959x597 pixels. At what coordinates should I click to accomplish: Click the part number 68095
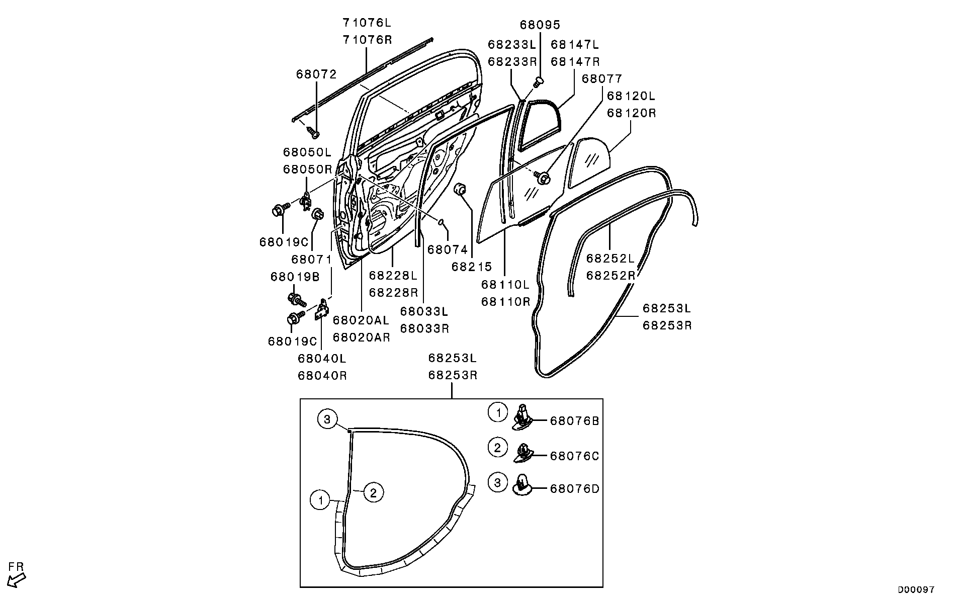click(x=540, y=25)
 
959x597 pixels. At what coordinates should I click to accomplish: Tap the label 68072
click(x=316, y=74)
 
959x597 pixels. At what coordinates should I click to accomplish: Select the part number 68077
click(x=602, y=78)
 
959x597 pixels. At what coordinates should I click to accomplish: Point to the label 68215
click(x=471, y=267)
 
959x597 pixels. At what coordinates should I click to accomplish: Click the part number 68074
click(x=448, y=249)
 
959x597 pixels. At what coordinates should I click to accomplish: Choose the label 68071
click(x=311, y=260)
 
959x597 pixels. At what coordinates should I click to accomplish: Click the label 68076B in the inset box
click(x=574, y=420)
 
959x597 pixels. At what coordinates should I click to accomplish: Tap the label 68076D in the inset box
click(x=574, y=488)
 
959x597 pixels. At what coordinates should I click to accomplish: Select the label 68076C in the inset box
click(x=574, y=456)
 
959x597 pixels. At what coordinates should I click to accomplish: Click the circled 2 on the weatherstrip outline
click(x=373, y=492)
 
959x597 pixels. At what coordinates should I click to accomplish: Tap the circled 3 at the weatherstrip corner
click(x=327, y=419)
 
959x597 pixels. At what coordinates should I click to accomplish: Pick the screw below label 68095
click(x=538, y=81)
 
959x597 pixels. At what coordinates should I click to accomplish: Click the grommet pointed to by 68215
click(x=460, y=190)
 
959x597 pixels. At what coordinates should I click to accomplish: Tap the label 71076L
click(x=367, y=23)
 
